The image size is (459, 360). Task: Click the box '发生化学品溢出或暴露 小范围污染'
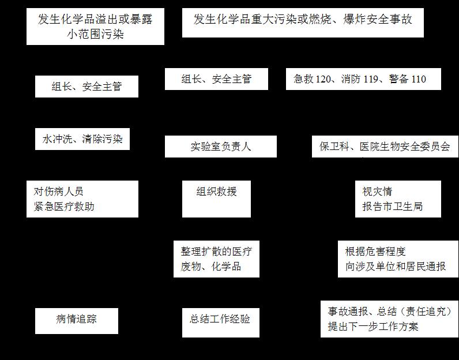pyautogui.click(x=95, y=27)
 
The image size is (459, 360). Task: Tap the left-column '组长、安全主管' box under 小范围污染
pyautogui.click(x=86, y=87)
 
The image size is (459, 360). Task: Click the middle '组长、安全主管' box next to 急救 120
pyautogui.click(x=216, y=79)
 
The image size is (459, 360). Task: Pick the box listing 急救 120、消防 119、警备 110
pyautogui.click(x=363, y=79)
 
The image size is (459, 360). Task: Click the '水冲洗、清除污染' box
pyautogui.click(x=82, y=139)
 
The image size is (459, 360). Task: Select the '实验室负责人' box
pyautogui.click(x=220, y=147)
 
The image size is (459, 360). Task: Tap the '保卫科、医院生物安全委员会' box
pyautogui.click(x=385, y=147)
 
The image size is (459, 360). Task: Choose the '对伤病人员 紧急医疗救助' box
pyautogui.click(x=82, y=199)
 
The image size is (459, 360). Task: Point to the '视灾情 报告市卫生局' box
pyautogui.click(x=398, y=199)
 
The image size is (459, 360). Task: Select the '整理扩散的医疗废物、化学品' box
pyautogui.click(x=216, y=259)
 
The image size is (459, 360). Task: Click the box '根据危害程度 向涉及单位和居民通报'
pyautogui.click(x=398, y=259)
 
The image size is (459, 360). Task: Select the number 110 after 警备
pyautogui.click(x=419, y=79)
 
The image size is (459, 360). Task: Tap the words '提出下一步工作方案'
pyautogui.click(x=373, y=327)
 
